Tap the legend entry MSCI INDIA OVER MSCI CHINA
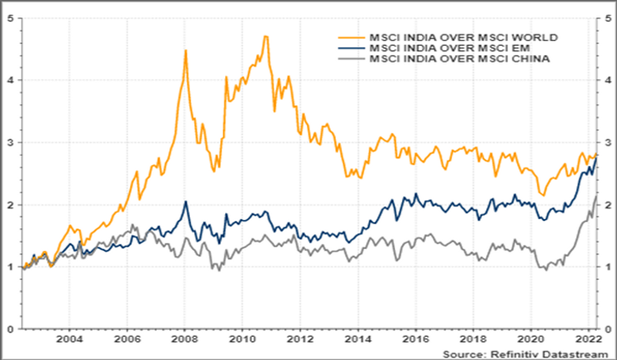click(x=449, y=59)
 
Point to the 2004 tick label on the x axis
click(x=69, y=340)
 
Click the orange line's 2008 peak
click(x=185, y=51)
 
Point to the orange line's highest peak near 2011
click(x=265, y=36)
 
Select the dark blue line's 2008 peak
click(x=186, y=202)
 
